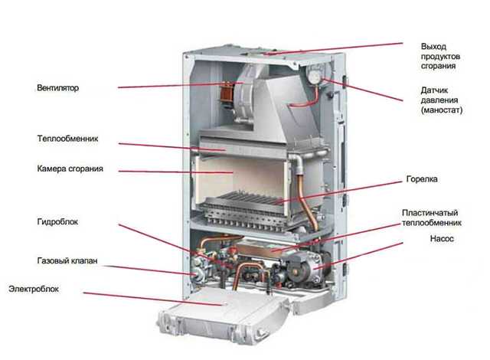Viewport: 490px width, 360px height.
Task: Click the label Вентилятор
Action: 57,88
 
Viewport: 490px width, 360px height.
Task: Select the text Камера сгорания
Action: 70,169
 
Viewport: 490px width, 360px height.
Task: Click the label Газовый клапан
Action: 67,262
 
